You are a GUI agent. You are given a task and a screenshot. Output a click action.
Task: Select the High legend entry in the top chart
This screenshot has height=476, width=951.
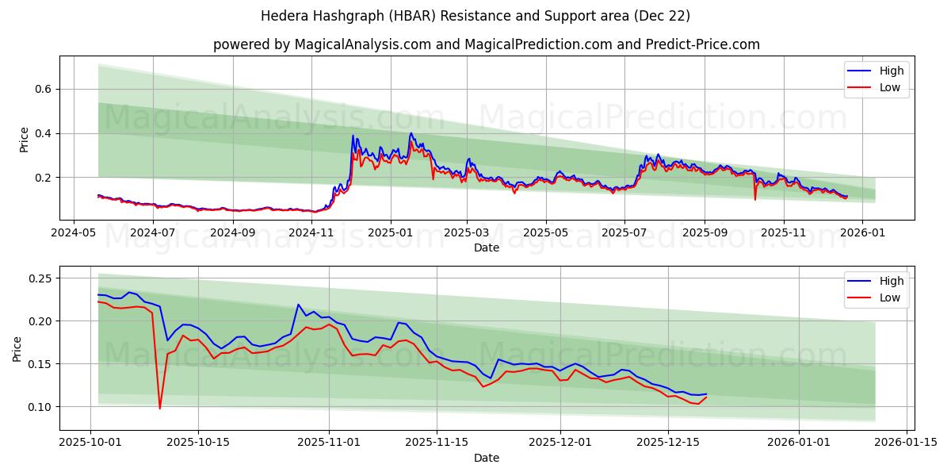(892, 71)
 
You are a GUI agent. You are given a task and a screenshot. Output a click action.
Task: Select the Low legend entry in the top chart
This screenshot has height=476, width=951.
(890, 87)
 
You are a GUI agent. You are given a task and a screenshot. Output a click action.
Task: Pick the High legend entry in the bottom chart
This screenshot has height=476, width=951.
(892, 281)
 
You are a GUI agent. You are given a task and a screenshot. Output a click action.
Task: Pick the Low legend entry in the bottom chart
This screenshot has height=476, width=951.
(890, 297)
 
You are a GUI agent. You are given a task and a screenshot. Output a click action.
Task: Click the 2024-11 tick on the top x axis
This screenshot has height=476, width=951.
(311, 233)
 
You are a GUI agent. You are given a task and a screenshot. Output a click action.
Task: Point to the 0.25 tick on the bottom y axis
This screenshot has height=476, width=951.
(39, 278)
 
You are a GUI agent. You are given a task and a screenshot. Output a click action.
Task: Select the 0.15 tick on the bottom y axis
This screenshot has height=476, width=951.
(39, 364)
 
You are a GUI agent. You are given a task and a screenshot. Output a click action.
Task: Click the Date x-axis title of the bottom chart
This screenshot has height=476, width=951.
(486, 458)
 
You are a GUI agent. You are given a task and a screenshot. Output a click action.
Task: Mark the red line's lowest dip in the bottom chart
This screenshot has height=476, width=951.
(159, 409)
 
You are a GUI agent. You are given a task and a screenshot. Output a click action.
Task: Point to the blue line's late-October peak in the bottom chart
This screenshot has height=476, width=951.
(299, 305)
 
